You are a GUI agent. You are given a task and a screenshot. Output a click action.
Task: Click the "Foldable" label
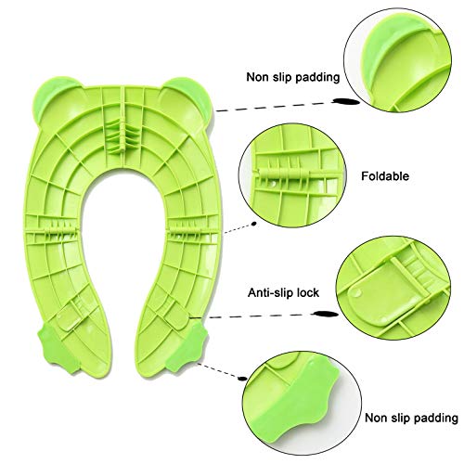385,176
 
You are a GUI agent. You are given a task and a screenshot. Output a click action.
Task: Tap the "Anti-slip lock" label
283,292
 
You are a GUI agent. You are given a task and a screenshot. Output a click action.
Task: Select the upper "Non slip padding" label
293,77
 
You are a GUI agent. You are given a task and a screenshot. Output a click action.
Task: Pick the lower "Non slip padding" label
411,418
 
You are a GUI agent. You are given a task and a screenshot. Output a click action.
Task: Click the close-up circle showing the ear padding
397,60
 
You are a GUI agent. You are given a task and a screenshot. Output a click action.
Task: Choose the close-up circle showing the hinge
292,175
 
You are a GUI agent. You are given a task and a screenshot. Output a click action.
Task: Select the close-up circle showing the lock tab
393,289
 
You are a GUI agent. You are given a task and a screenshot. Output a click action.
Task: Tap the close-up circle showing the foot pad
302,403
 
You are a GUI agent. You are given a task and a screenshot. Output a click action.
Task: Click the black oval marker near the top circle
346,101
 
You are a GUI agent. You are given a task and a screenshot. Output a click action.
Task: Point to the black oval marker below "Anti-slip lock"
326,314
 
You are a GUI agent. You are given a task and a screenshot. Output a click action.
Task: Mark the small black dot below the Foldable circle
254,224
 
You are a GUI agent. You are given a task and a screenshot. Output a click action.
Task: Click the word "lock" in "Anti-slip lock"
308,292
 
